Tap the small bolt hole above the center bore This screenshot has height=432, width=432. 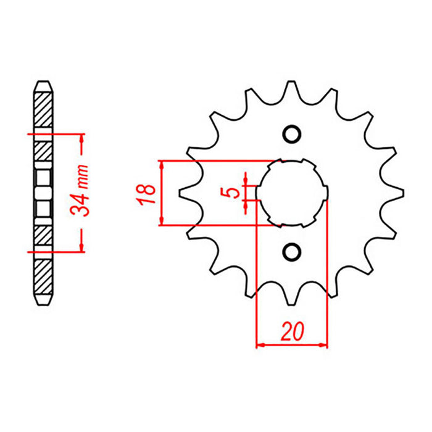click(291, 135)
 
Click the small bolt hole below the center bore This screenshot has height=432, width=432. click(291, 251)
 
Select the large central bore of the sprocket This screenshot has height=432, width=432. click(291, 193)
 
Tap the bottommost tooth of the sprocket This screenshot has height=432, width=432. click(291, 301)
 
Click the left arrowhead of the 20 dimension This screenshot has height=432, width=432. click(260, 344)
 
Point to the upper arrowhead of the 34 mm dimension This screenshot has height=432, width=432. click(81, 138)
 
